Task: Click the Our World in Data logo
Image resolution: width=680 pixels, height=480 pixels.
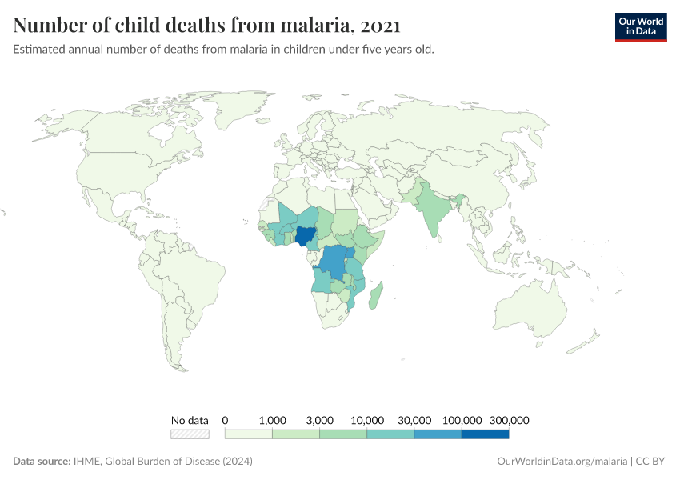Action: click(640, 26)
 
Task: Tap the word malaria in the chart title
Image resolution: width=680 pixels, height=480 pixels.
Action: click(312, 26)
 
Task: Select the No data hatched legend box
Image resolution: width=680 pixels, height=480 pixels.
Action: click(190, 434)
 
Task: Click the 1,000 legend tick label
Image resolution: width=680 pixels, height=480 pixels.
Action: click(273, 420)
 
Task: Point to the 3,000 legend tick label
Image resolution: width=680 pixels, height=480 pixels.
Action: click(320, 420)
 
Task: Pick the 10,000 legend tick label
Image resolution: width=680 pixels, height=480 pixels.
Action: click(367, 420)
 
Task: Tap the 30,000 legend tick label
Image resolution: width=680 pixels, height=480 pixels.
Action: click(414, 420)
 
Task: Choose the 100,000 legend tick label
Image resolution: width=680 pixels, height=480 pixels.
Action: click(462, 420)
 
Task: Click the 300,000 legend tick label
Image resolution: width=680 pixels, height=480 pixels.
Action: click(509, 420)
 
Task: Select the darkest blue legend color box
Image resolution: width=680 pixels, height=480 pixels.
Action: click(485, 434)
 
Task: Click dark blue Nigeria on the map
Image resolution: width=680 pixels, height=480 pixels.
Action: click(305, 236)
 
